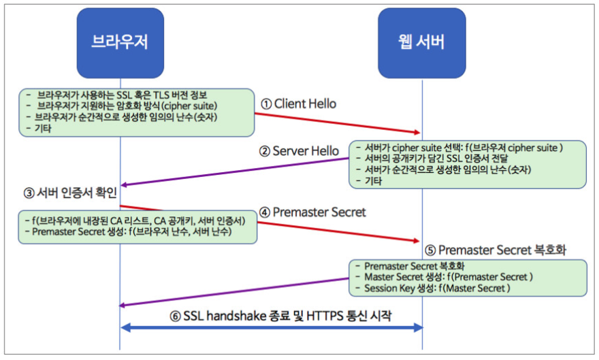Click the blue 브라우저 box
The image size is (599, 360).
120,44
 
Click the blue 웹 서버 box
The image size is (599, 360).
422,44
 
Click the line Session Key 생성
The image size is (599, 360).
436,288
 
